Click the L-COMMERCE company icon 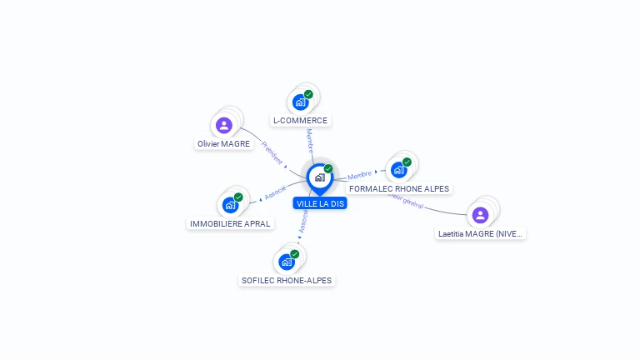[x=300, y=102]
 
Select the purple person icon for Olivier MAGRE [x=223, y=126]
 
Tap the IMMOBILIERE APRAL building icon [x=230, y=205]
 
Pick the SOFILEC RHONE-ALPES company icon [x=287, y=262]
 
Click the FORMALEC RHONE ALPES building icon [x=399, y=169]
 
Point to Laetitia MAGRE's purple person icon [x=480, y=215]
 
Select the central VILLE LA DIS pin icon [x=319, y=177]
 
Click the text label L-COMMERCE [x=300, y=121]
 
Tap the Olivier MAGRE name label [x=223, y=144]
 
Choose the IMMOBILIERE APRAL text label [x=230, y=223]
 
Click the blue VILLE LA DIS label [x=320, y=203]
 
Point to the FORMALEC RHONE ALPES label [x=399, y=188]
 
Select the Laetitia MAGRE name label [x=481, y=234]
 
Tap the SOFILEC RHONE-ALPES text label [x=287, y=281]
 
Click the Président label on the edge [x=272, y=152]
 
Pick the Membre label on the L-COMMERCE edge [x=310, y=140]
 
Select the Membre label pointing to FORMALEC [x=360, y=175]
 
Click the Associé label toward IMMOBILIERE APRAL [x=275, y=192]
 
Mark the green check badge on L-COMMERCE [x=308, y=94]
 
